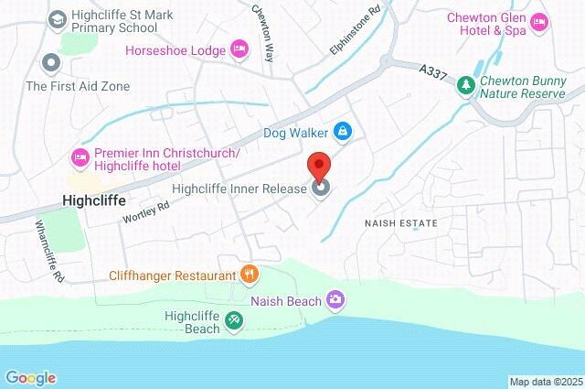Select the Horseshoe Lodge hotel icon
click(239, 47)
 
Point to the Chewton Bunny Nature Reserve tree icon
click(466, 84)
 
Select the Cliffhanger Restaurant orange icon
click(248, 273)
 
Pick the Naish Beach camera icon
click(335, 299)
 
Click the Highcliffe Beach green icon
click(234, 319)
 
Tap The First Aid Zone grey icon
click(51, 63)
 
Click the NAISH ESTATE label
click(400, 222)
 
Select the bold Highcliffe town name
click(92, 198)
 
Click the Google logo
click(30, 378)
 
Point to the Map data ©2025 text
click(545, 382)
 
